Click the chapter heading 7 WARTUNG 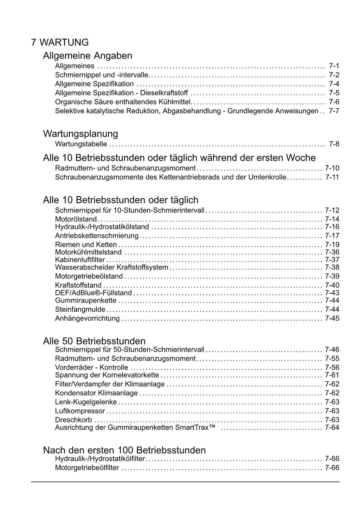[x=60, y=43]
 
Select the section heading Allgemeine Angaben [x=88, y=56]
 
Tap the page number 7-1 [x=334, y=66]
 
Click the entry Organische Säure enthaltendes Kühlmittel [x=123, y=102]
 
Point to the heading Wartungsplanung [x=81, y=134]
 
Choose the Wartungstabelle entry [x=81, y=144]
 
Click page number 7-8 [x=334, y=144]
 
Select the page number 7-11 [x=332, y=177]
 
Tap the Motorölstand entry [x=76, y=219]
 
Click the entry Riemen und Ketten [x=86, y=244]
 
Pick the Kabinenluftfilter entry [x=80, y=260]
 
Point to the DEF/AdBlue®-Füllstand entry [x=94, y=293]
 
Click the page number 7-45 [x=332, y=318]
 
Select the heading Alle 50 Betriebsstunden [x=94, y=341]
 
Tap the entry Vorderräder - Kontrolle [x=91, y=368]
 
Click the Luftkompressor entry [x=80, y=411]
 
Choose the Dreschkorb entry [x=73, y=420]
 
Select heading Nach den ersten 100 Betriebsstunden [x=124, y=450]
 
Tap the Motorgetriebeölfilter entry [x=87, y=468]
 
